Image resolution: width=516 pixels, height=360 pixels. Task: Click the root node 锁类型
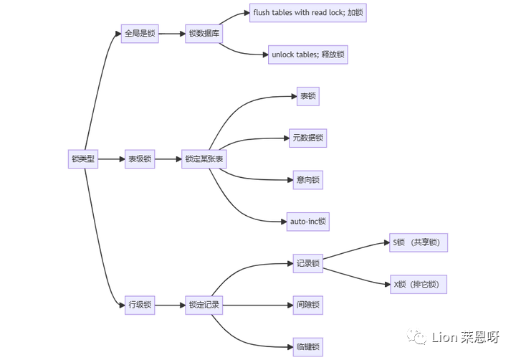coord(83,159)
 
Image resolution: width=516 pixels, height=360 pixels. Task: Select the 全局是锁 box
coord(140,34)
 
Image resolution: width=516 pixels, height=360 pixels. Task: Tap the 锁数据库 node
coord(203,34)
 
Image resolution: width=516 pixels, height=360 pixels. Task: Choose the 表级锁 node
coord(140,159)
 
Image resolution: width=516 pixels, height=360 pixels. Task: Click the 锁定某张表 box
coord(204,159)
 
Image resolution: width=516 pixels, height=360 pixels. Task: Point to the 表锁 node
coord(308,96)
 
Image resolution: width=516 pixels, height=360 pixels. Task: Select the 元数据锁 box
coord(308,138)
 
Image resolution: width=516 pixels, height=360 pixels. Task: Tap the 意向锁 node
coord(308,179)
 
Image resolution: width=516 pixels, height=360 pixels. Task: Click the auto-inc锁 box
coord(308,222)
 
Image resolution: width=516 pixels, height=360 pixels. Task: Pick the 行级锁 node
coord(140,305)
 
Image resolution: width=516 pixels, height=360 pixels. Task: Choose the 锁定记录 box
coord(204,305)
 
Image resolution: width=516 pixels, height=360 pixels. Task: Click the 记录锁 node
coord(308,263)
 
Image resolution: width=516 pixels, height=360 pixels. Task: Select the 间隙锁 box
coord(308,305)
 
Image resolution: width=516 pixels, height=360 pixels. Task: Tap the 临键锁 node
coord(308,347)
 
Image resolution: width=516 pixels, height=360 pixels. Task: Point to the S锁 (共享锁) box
coord(419,242)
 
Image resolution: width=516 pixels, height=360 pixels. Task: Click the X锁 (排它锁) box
coord(419,285)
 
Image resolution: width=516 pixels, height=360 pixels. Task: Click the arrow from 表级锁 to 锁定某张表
coord(168,159)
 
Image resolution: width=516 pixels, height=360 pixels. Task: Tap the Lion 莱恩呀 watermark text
coord(466,337)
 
